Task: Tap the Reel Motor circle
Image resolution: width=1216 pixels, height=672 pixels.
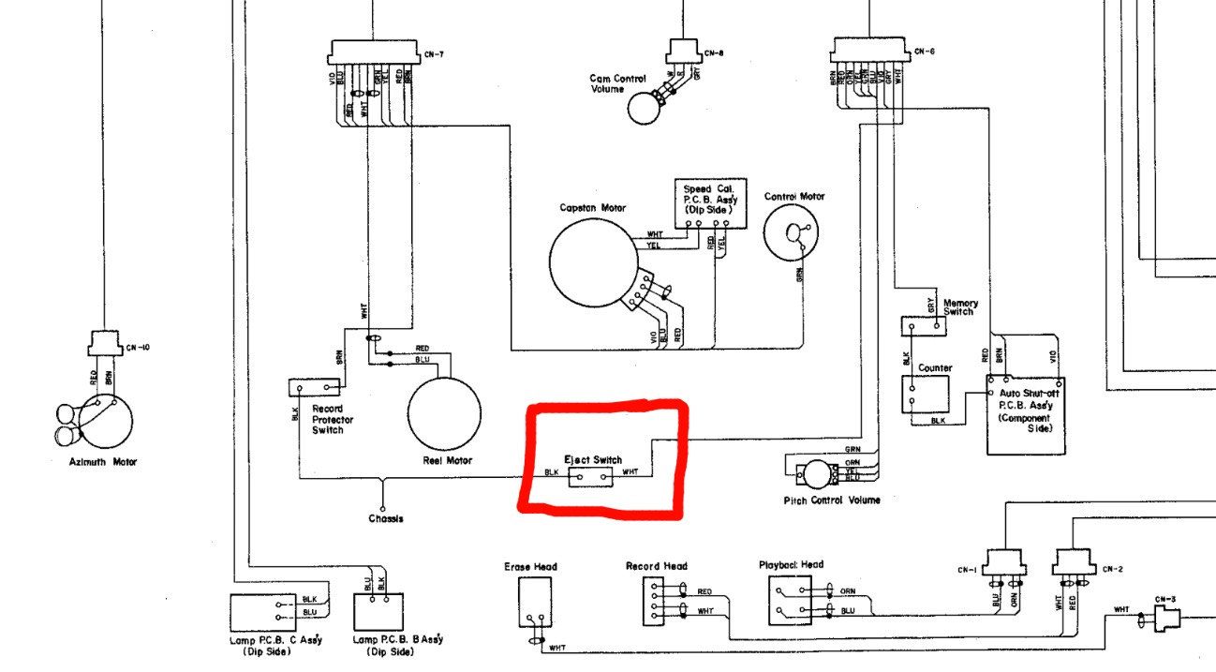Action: click(443, 413)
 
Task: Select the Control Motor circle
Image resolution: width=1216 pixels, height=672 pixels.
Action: click(794, 235)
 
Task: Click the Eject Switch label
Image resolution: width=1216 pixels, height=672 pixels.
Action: click(592, 460)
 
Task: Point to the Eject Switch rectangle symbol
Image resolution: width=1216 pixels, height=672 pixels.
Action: click(590, 477)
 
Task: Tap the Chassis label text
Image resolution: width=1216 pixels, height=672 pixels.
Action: click(385, 518)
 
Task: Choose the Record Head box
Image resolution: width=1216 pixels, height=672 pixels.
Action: click(655, 601)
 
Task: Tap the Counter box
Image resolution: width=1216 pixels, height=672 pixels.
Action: click(925, 395)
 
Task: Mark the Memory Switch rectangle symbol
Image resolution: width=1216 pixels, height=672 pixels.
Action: click(922, 326)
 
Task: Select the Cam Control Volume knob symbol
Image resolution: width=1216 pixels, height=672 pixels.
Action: click(644, 108)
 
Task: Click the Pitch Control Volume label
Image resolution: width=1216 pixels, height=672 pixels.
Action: click(832, 500)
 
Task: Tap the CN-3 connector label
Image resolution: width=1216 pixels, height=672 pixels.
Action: click(1164, 599)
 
